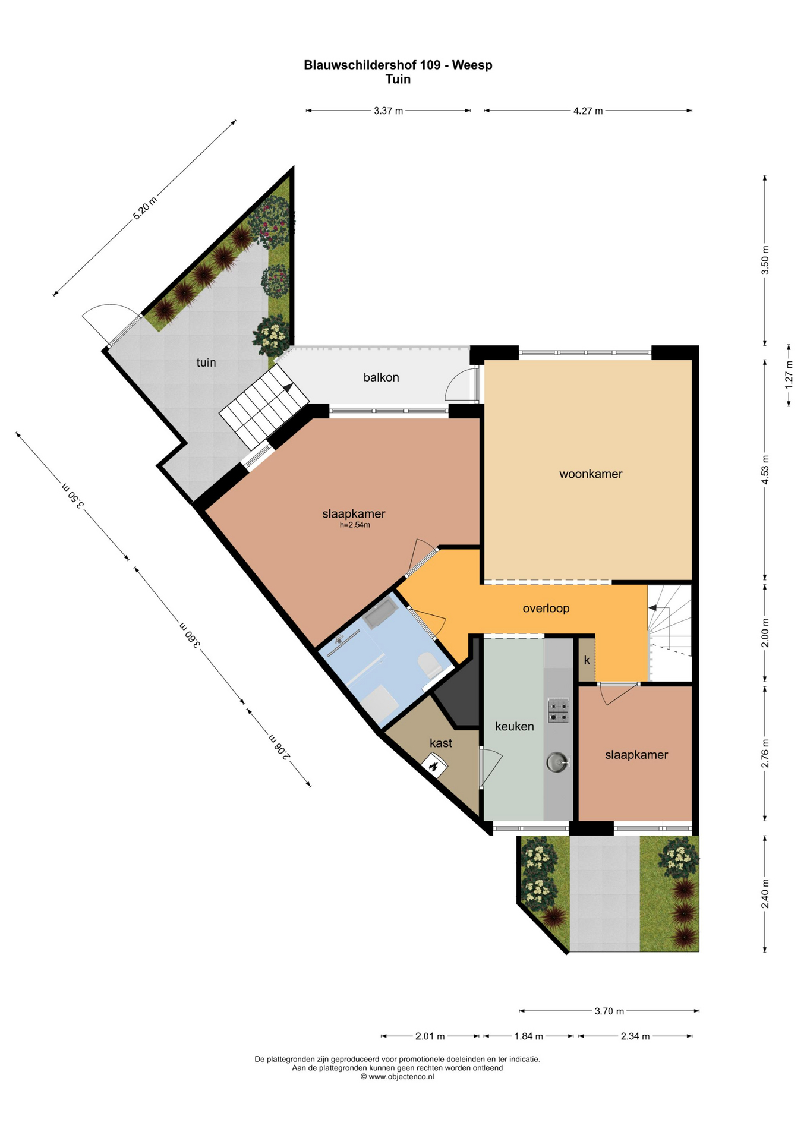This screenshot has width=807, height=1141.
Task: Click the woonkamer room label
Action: click(590, 474)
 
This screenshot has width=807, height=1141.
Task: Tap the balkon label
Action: click(381, 377)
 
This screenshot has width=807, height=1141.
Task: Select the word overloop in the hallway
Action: click(546, 609)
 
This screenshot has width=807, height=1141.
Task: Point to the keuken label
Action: click(514, 726)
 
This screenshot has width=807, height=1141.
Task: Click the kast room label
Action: click(440, 743)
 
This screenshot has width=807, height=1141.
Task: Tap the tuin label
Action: click(206, 363)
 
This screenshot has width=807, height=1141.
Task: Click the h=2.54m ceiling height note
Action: click(355, 525)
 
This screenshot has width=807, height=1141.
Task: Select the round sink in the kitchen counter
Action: click(557, 762)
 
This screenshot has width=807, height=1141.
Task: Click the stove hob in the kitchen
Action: click(558, 710)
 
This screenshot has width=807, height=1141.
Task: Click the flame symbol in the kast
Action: click(434, 765)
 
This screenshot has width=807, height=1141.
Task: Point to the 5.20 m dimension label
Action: click(144, 208)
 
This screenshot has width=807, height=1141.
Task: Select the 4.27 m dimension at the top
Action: click(588, 111)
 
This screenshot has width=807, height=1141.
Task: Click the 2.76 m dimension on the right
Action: click(765, 754)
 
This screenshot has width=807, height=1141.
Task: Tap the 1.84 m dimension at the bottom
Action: click(528, 1036)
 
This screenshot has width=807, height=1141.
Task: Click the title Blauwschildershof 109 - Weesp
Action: click(398, 65)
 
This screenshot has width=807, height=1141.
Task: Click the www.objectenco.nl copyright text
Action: click(397, 1076)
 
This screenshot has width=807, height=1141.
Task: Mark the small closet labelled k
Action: click(587, 660)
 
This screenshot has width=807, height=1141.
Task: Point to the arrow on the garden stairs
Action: click(288, 388)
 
